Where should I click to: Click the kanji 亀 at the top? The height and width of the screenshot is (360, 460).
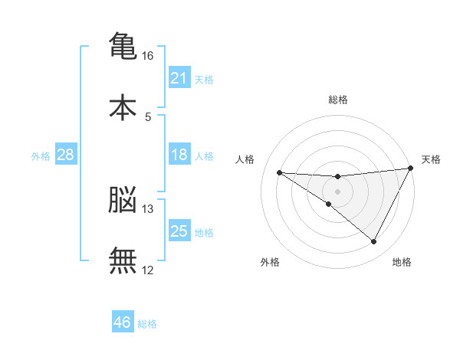tap(123, 45)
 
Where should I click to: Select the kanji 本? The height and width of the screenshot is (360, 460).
tap(123, 107)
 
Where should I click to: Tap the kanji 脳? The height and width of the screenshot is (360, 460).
tap(123, 199)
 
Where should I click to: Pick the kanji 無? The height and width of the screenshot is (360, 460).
tap(123, 260)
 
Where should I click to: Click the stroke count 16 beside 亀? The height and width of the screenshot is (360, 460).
tap(147, 56)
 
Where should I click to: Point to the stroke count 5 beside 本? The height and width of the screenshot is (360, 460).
tap(148, 117)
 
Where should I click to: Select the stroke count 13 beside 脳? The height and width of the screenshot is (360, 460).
tap(147, 209)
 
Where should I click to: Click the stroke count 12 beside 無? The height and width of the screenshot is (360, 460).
tap(147, 270)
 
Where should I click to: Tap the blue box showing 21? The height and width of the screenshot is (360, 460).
tap(179, 77)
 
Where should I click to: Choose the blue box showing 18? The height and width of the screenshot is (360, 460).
tap(179, 154)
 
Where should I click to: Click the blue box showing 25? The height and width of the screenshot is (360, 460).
tap(179, 230)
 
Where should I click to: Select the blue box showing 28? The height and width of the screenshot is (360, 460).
tap(66, 154)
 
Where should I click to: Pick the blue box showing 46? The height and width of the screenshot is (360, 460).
tap(123, 321)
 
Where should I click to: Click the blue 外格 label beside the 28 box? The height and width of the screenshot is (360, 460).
tap(41, 156)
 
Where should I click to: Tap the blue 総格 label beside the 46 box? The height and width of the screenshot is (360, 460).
tap(147, 324)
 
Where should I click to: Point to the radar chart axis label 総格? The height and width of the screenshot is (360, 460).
tap(338, 100)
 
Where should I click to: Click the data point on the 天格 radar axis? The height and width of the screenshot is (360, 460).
tap(411, 168)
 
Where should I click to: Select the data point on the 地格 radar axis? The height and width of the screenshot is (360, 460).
tap(373, 241)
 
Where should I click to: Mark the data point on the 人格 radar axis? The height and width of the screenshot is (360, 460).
tap(280, 172)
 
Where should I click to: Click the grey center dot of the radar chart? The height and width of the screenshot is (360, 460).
tap(337, 191)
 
